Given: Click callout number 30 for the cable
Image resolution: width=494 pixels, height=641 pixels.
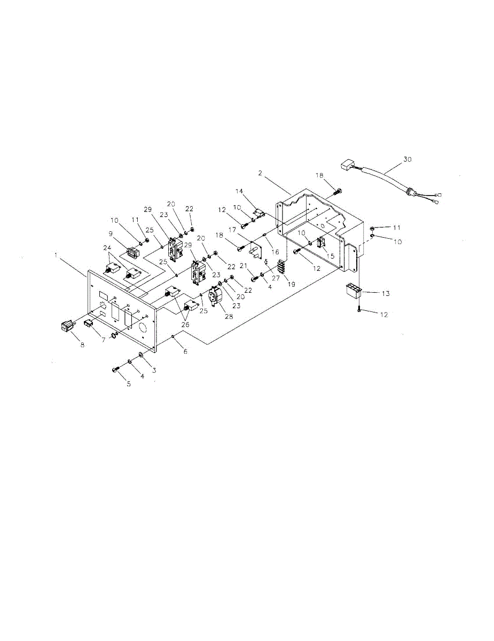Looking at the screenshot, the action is [x=408, y=159].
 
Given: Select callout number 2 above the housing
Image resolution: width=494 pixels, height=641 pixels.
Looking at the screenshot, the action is [x=260, y=173].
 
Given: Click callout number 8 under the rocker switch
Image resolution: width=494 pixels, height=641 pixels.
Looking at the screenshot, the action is [x=82, y=345].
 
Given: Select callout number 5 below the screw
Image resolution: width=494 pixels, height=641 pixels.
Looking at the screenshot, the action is [x=128, y=384].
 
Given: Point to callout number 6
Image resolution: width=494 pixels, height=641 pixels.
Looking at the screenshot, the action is [x=185, y=351].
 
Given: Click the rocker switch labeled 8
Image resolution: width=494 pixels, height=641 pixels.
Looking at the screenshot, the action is [x=67, y=326].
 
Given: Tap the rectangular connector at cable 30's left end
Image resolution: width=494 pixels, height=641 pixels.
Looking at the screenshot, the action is [x=348, y=165].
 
